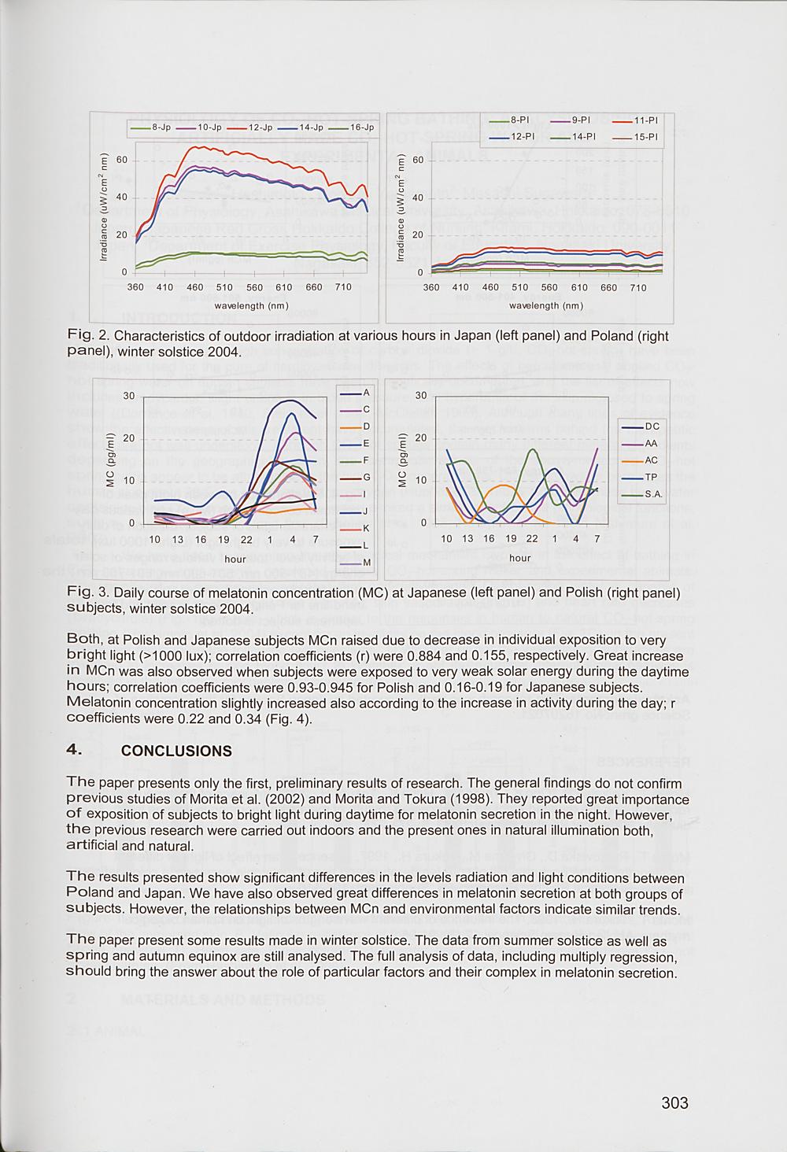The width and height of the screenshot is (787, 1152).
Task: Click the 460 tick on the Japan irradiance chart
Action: pyautogui.click(x=194, y=287)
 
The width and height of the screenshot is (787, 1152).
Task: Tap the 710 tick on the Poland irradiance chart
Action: pyautogui.click(x=638, y=288)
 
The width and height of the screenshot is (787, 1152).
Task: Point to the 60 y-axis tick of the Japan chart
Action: pyautogui.click(x=121, y=160)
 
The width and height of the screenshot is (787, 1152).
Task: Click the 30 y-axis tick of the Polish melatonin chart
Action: pyautogui.click(x=421, y=395)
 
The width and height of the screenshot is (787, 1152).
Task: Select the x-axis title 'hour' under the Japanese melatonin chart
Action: pyautogui.click(x=235, y=559)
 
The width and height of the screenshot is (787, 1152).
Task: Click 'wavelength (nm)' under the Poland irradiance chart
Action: pyautogui.click(x=546, y=305)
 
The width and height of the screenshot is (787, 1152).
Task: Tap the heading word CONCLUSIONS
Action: pyautogui.click(x=176, y=751)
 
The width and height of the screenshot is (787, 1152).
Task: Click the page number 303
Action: pyautogui.click(x=674, y=1102)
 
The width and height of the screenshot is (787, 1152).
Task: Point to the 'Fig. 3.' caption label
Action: pyautogui.click(x=87, y=592)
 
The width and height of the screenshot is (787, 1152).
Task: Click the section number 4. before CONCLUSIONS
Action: pyautogui.click(x=76, y=750)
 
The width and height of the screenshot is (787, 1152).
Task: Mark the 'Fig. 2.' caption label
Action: pyautogui.click(x=87, y=336)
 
